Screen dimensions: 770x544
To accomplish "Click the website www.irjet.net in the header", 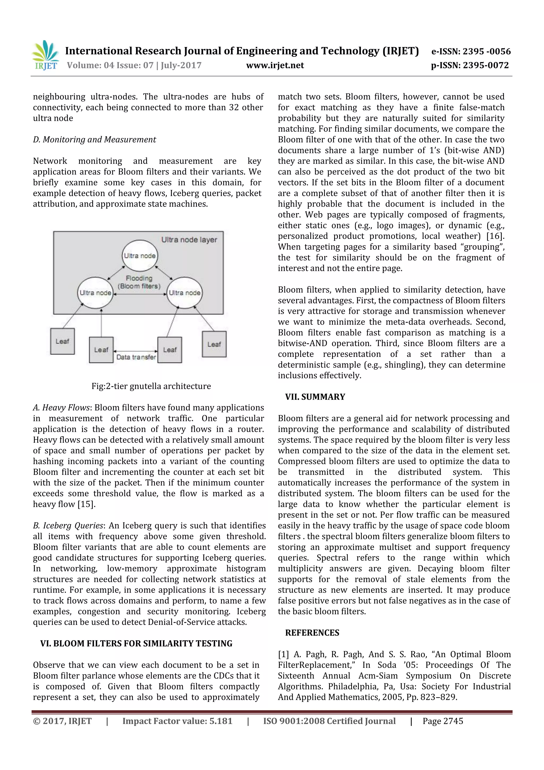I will pos(275,65).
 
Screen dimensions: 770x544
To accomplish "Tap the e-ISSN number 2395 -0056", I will pos(486,52).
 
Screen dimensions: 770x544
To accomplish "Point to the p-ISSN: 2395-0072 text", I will pos(470,65).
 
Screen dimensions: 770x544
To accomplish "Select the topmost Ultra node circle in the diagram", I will pos(140,256).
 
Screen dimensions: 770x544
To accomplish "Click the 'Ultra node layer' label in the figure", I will pos(189,240).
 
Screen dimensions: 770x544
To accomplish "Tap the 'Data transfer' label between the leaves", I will pos(136,357).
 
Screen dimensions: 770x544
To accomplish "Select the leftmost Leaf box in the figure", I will pos(62,341).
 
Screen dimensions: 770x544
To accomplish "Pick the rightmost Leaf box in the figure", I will pos(214,344).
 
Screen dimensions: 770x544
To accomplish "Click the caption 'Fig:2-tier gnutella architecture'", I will pos(151,386).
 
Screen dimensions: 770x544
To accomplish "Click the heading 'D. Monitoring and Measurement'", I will pos(94,139).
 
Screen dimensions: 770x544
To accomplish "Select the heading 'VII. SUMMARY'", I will pos(315,397).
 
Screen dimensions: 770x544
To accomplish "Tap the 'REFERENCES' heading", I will pos(312,633).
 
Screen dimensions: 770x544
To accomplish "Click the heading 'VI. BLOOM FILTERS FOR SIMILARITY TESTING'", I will pos(136,644).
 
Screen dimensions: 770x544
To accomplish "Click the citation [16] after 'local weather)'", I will pos(495,236).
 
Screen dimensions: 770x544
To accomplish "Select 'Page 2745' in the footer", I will pos(443,721).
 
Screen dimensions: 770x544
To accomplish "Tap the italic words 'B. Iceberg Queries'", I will pos(68,526).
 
